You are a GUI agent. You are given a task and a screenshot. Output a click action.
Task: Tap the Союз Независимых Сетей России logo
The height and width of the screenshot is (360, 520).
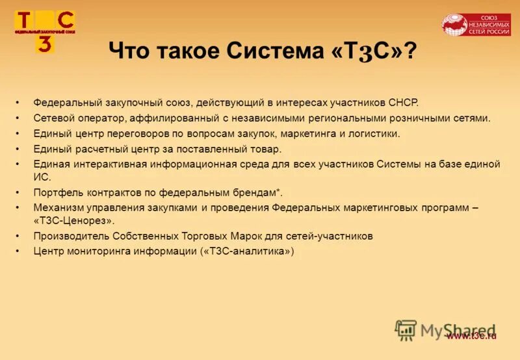coord(476,25)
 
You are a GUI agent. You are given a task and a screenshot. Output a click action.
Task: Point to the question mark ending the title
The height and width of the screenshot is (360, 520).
coord(410,51)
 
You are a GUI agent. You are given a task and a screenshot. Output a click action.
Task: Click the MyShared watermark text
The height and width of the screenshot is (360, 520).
coord(459,329)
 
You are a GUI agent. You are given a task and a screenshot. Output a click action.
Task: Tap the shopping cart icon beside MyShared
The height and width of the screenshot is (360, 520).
coord(406,330)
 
